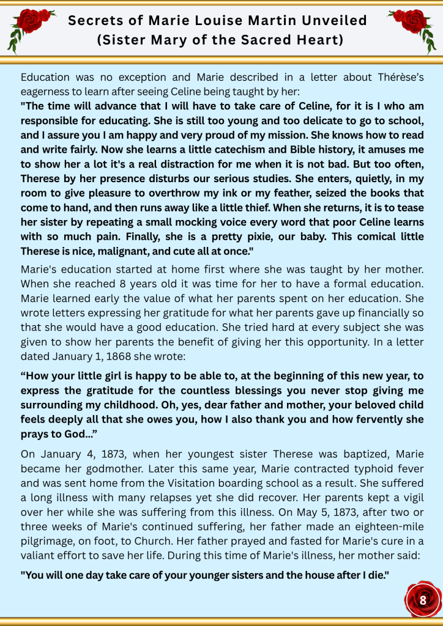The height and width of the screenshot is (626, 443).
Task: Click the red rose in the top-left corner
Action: (27, 24)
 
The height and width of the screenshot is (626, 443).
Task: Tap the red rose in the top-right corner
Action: (414, 24)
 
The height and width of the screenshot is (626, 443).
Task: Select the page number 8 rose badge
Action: (423, 599)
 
